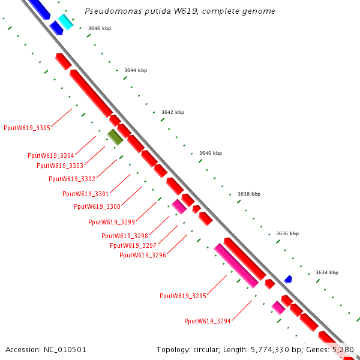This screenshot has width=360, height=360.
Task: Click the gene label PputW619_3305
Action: click(x=26, y=128)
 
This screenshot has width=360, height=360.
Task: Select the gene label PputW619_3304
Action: click(x=50, y=155)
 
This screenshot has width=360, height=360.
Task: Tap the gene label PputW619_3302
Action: click(x=72, y=179)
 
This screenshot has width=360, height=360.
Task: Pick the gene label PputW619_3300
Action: click(x=97, y=206)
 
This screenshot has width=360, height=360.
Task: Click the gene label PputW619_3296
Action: click(x=143, y=255)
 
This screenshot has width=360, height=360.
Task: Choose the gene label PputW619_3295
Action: click(x=183, y=296)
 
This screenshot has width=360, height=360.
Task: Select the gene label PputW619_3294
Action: click(x=208, y=321)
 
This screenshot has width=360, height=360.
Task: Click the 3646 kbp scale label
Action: click(x=100, y=28)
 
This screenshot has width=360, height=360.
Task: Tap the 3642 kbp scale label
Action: click(x=173, y=112)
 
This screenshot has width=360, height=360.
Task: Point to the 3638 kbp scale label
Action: click(x=249, y=194)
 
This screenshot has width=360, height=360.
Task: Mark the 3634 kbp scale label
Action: click(x=326, y=272)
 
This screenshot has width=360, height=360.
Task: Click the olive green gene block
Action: click(x=115, y=137)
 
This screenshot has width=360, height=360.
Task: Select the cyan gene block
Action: click(x=65, y=22)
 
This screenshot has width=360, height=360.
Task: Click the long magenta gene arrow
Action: click(x=236, y=265)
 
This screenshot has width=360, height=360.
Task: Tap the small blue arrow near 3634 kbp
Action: click(x=288, y=279)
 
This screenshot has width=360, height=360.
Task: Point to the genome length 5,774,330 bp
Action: click(x=275, y=349)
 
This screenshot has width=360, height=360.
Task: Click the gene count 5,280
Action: click(x=343, y=349)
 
